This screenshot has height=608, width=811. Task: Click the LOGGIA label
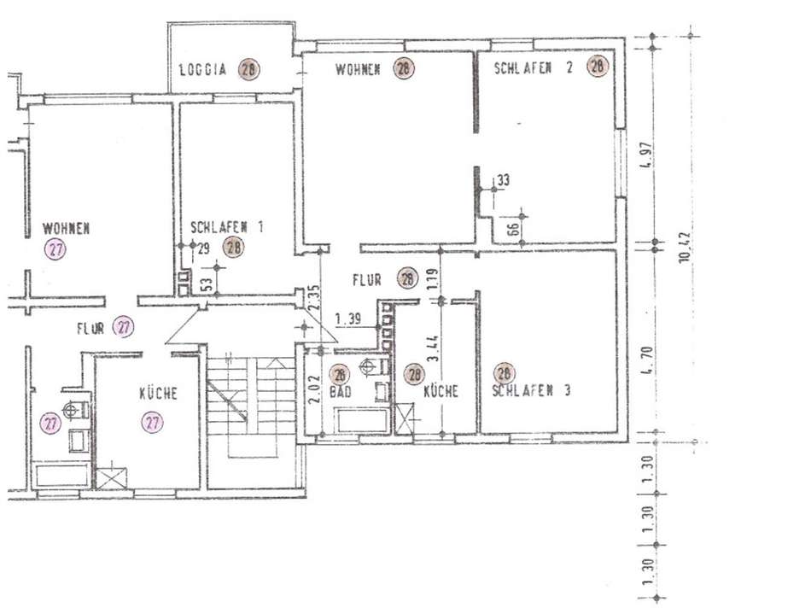click(202, 70)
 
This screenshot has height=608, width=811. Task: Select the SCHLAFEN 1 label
click(226, 227)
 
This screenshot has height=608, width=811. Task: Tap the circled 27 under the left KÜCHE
click(153, 421)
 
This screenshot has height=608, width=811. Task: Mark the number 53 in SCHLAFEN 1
click(206, 284)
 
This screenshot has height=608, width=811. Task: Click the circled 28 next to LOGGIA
click(248, 70)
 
